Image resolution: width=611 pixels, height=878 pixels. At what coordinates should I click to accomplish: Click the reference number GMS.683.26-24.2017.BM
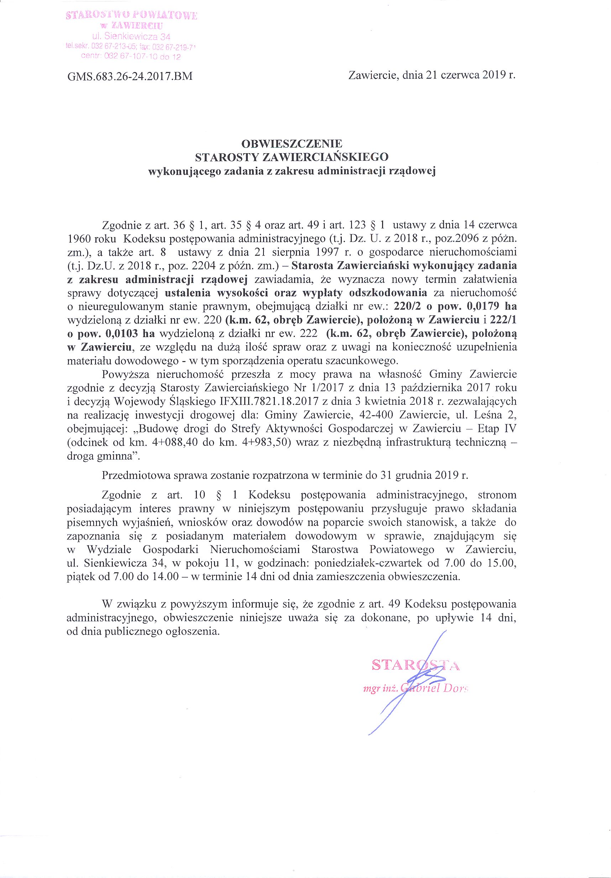coord(130,77)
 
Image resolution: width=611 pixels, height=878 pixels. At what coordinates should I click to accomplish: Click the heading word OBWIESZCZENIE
coord(292,144)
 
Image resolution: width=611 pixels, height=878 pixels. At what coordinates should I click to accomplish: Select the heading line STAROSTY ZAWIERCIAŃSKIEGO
coord(292,157)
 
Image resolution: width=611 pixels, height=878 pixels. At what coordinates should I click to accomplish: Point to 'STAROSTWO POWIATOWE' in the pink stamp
coord(131,16)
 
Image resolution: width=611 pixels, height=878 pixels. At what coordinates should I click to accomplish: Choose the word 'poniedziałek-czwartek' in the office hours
coord(377,563)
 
